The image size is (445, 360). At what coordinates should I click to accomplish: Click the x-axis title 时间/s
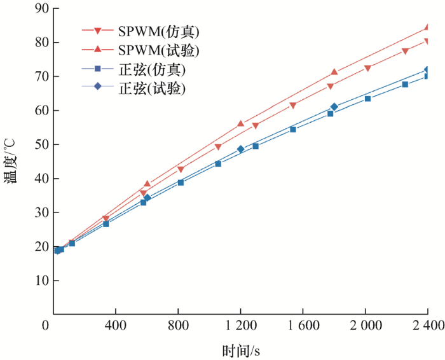point(241,350)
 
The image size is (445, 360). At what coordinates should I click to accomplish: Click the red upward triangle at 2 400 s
point(427,28)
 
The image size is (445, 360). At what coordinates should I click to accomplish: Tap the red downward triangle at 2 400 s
point(427,41)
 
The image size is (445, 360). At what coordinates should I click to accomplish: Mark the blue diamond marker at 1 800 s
point(334,107)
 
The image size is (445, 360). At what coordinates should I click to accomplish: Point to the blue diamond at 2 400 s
point(427,70)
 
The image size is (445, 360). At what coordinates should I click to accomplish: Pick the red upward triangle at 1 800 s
point(334,73)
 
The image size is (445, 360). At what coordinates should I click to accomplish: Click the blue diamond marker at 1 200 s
point(241,149)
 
